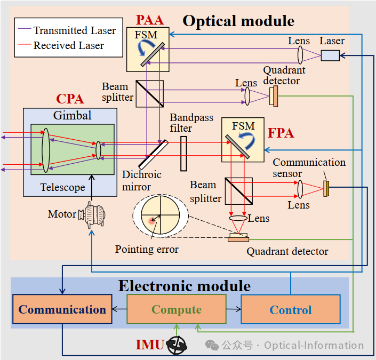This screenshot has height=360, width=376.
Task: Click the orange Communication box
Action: coord(62,309)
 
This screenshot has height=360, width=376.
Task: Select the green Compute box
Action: coord(177,309)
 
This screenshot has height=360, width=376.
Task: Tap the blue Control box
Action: coord(291,310)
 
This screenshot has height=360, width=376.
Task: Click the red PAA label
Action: coord(149,20)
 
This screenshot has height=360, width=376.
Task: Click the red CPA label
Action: coord(70,99)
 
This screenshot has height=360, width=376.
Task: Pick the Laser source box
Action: coord(330,55)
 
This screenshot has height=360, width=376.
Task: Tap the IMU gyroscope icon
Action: coord(177,345)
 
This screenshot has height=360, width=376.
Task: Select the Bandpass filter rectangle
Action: coord(183,154)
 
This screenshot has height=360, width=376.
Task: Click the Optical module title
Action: coord(238,21)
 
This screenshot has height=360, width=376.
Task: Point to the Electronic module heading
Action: coord(184,286)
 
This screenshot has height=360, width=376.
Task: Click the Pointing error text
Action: coord(147,249)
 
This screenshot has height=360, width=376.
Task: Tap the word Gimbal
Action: coord(72,116)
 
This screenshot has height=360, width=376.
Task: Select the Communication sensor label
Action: coord(309,167)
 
